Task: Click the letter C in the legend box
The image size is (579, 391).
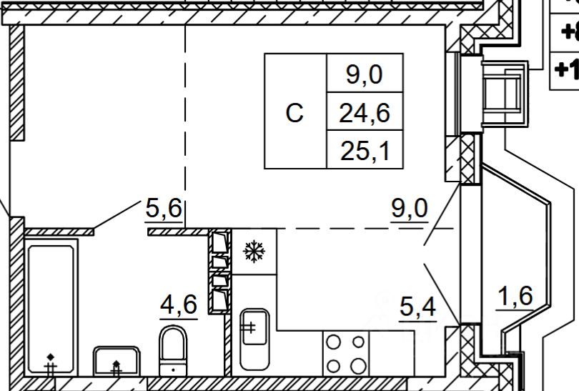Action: (x=295, y=113)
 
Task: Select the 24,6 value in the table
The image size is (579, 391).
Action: (x=365, y=112)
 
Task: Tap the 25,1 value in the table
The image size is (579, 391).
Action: (x=365, y=150)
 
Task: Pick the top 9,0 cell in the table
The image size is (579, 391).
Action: (x=365, y=74)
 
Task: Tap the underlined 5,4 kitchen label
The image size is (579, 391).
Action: (x=417, y=309)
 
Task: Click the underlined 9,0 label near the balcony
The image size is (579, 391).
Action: (x=410, y=209)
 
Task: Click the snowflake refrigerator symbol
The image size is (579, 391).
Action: (x=254, y=251)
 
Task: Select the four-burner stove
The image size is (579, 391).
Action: (x=346, y=354)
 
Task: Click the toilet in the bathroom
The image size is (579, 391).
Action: (x=173, y=350)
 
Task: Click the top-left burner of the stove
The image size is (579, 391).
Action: (x=333, y=342)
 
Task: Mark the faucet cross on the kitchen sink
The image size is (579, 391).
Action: (x=249, y=328)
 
